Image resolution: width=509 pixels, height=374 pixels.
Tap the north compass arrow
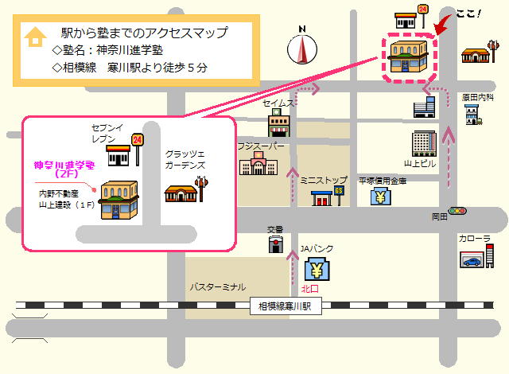tap(302, 49)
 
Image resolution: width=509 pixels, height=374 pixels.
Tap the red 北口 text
tap(310, 289)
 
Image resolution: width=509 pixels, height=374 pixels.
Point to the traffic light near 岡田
tap(457, 211)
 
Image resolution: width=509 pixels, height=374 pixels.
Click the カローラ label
tap(474, 238)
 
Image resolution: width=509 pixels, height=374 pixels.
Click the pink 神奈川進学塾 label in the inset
tap(63, 169)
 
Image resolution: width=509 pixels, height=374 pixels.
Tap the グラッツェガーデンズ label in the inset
tap(185, 159)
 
